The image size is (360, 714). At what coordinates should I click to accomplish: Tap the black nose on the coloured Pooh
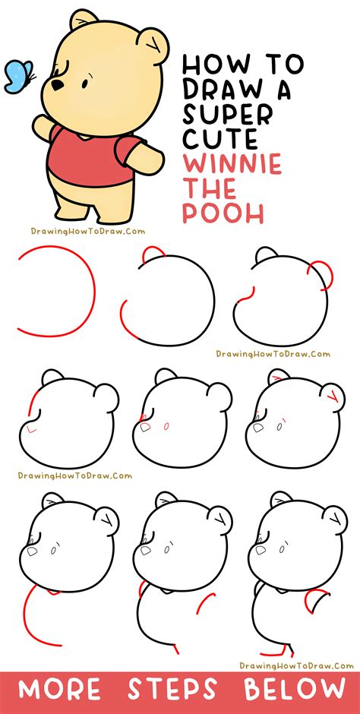coord(56,85)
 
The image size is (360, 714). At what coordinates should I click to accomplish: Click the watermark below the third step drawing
coord(273,353)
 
